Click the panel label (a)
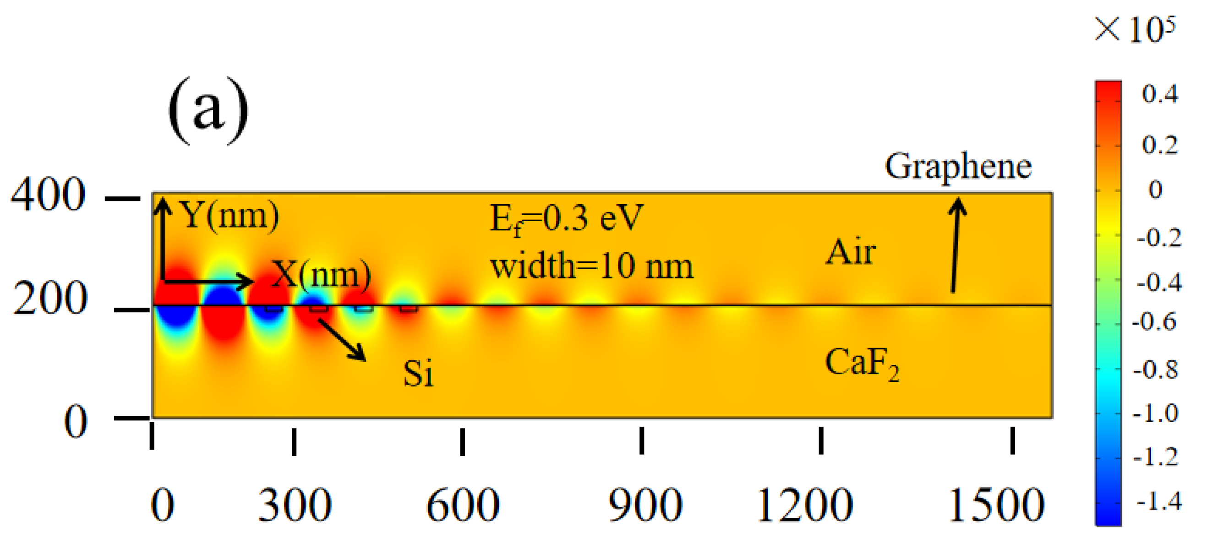point(209,111)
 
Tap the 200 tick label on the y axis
point(49,299)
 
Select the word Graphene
point(958,167)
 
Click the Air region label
point(851,252)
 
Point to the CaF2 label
point(862,364)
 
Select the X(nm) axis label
point(322,274)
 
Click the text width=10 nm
point(592,266)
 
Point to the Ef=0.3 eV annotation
point(567,219)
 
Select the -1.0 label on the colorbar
point(1155,413)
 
